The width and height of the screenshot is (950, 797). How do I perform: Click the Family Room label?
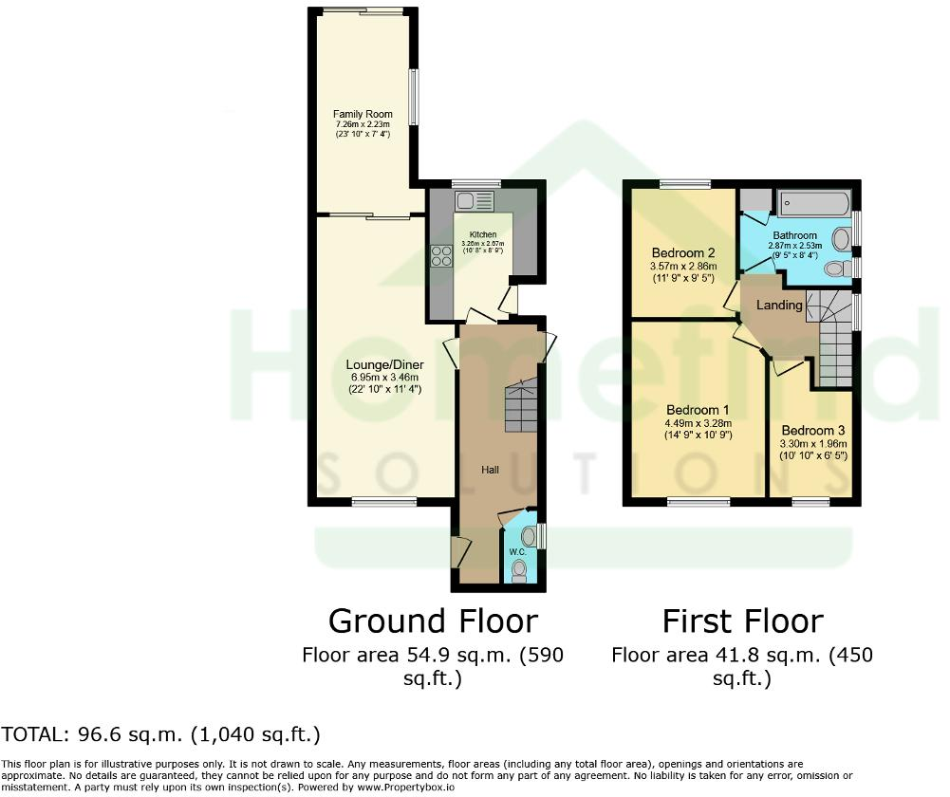click(x=363, y=114)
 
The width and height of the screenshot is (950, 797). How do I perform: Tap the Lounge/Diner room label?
click(x=384, y=364)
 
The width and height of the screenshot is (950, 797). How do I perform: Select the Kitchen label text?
click(x=482, y=234)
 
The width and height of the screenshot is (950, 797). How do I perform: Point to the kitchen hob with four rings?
click(x=442, y=257)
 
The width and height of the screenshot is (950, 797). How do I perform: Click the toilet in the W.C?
click(x=518, y=569)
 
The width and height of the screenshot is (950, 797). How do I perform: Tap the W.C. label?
click(x=517, y=551)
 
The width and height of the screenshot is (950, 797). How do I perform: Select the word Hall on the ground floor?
click(x=489, y=469)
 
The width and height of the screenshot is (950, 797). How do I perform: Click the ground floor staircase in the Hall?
click(x=519, y=405)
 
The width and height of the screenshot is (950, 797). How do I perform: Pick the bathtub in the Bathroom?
click(x=813, y=202)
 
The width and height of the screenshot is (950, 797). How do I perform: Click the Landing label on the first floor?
click(x=779, y=306)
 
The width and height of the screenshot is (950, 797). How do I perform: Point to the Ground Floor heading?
click(x=433, y=621)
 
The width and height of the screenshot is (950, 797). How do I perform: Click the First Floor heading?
click(x=742, y=621)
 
